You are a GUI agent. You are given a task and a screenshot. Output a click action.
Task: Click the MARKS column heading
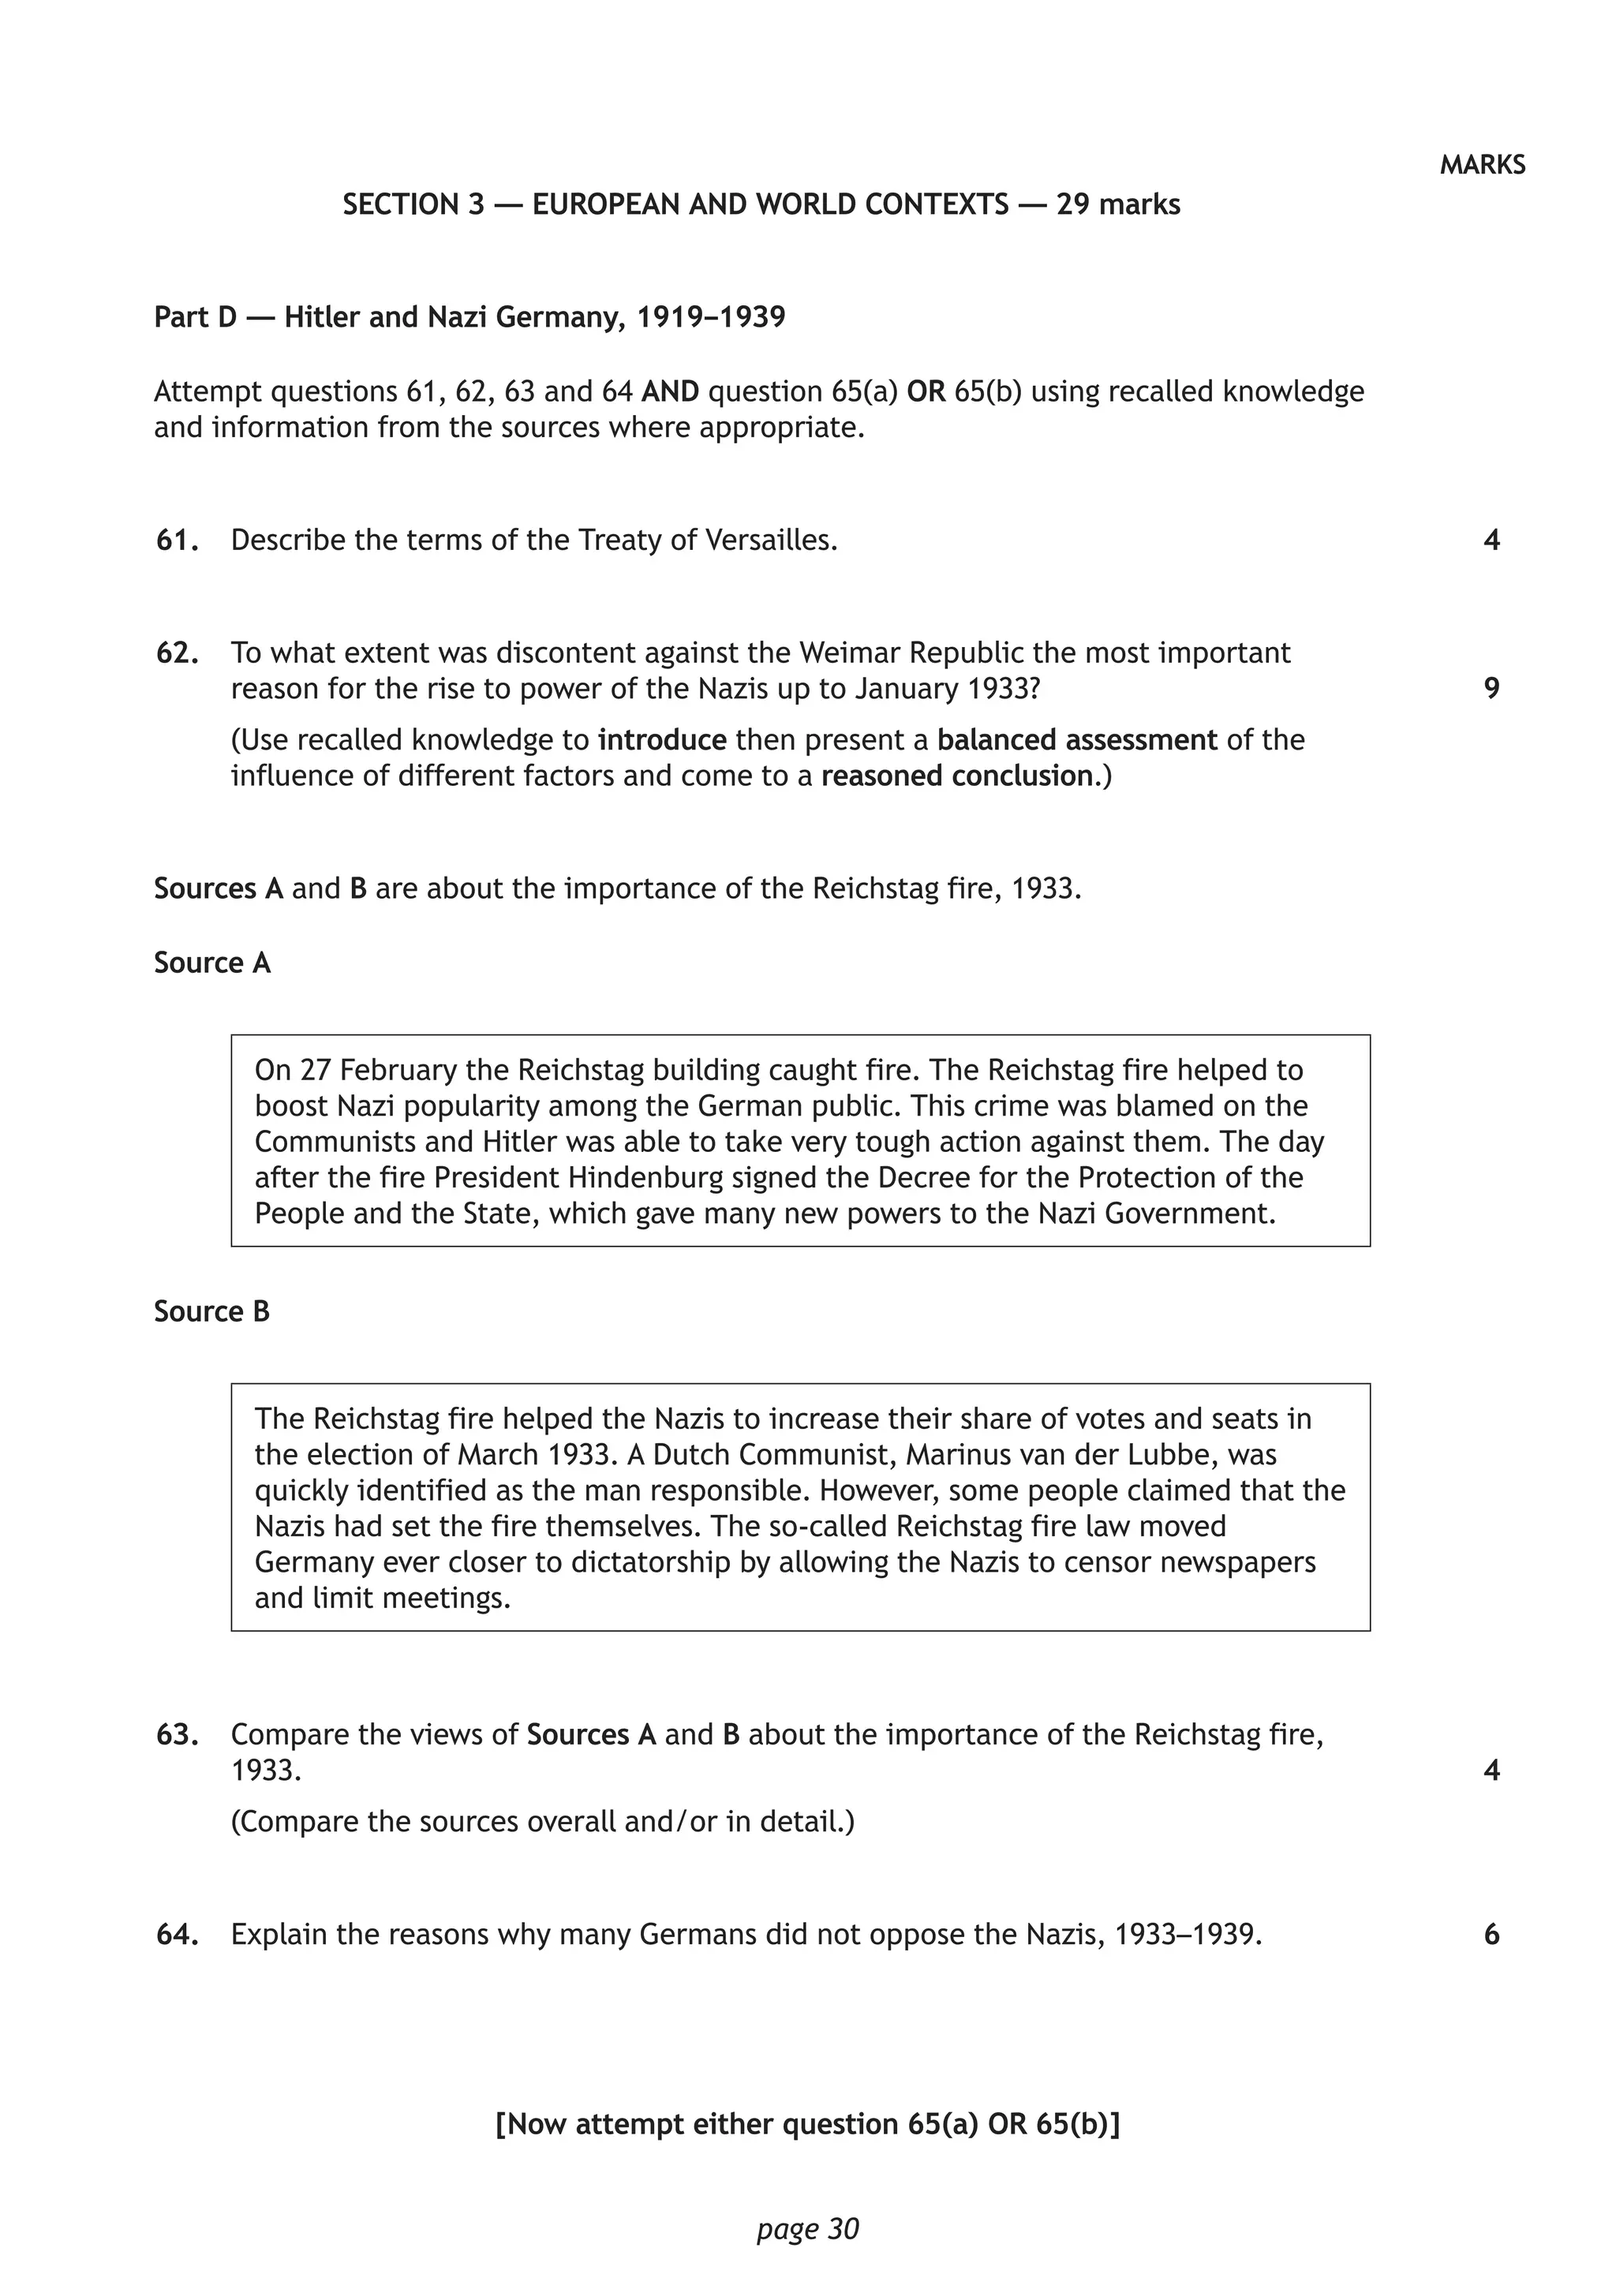click(1482, 165)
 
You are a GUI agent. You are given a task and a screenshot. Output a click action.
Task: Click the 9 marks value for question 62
click(1491, 689)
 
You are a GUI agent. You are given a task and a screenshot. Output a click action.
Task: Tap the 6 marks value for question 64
click(1491, 1935)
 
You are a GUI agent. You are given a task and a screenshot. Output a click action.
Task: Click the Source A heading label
click(212, 963)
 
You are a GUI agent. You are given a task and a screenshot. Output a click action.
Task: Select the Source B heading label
click(212, 1311)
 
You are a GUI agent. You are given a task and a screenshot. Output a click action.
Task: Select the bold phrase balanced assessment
click(1076, 740)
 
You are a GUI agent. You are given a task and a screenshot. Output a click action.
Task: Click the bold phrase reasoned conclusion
click(956, 776)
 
